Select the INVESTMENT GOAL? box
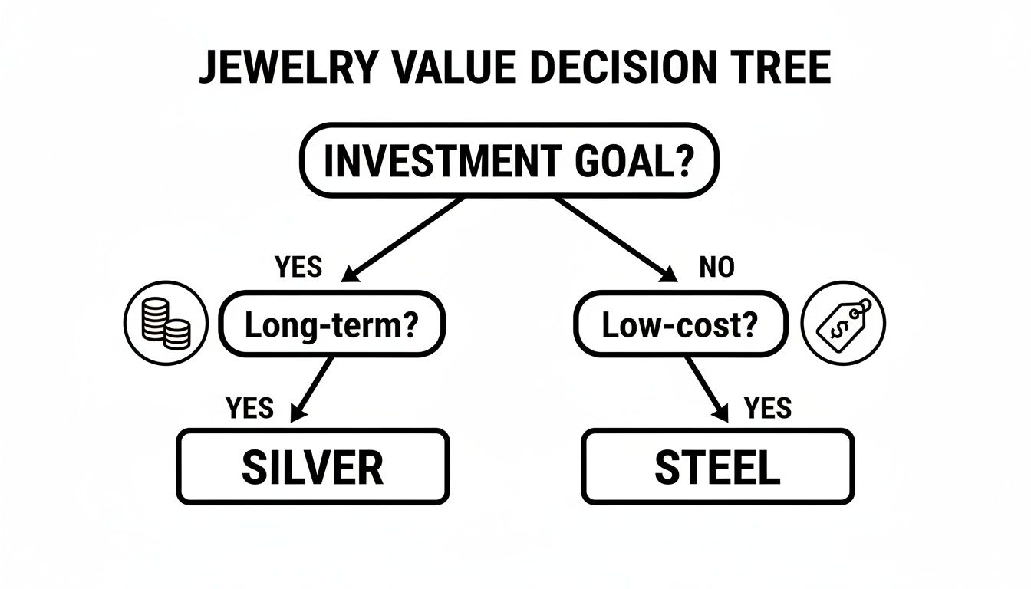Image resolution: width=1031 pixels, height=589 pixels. click(x=508, y=161)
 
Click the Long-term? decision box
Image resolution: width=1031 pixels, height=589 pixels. click(x=331, y=324)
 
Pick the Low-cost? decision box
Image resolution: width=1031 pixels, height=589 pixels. click(x=680, y=324)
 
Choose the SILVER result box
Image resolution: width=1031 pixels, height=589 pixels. click(x=312, y=466)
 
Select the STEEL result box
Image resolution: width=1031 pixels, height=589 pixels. click(x=717, y=466)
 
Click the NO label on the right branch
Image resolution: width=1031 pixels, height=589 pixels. click(x=716, y=267)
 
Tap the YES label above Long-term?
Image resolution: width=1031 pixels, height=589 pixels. click(x=298, y=267)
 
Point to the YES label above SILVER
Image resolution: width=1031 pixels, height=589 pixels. click(x=250, y=408)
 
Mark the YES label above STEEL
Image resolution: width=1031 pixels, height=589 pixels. click(x=768, y=408)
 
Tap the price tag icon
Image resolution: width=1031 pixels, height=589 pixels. click(x=842, y=321)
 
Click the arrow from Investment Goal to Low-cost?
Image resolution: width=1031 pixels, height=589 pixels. click(x=614, y=238)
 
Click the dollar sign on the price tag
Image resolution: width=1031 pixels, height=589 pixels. click(x=838, y=327)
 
